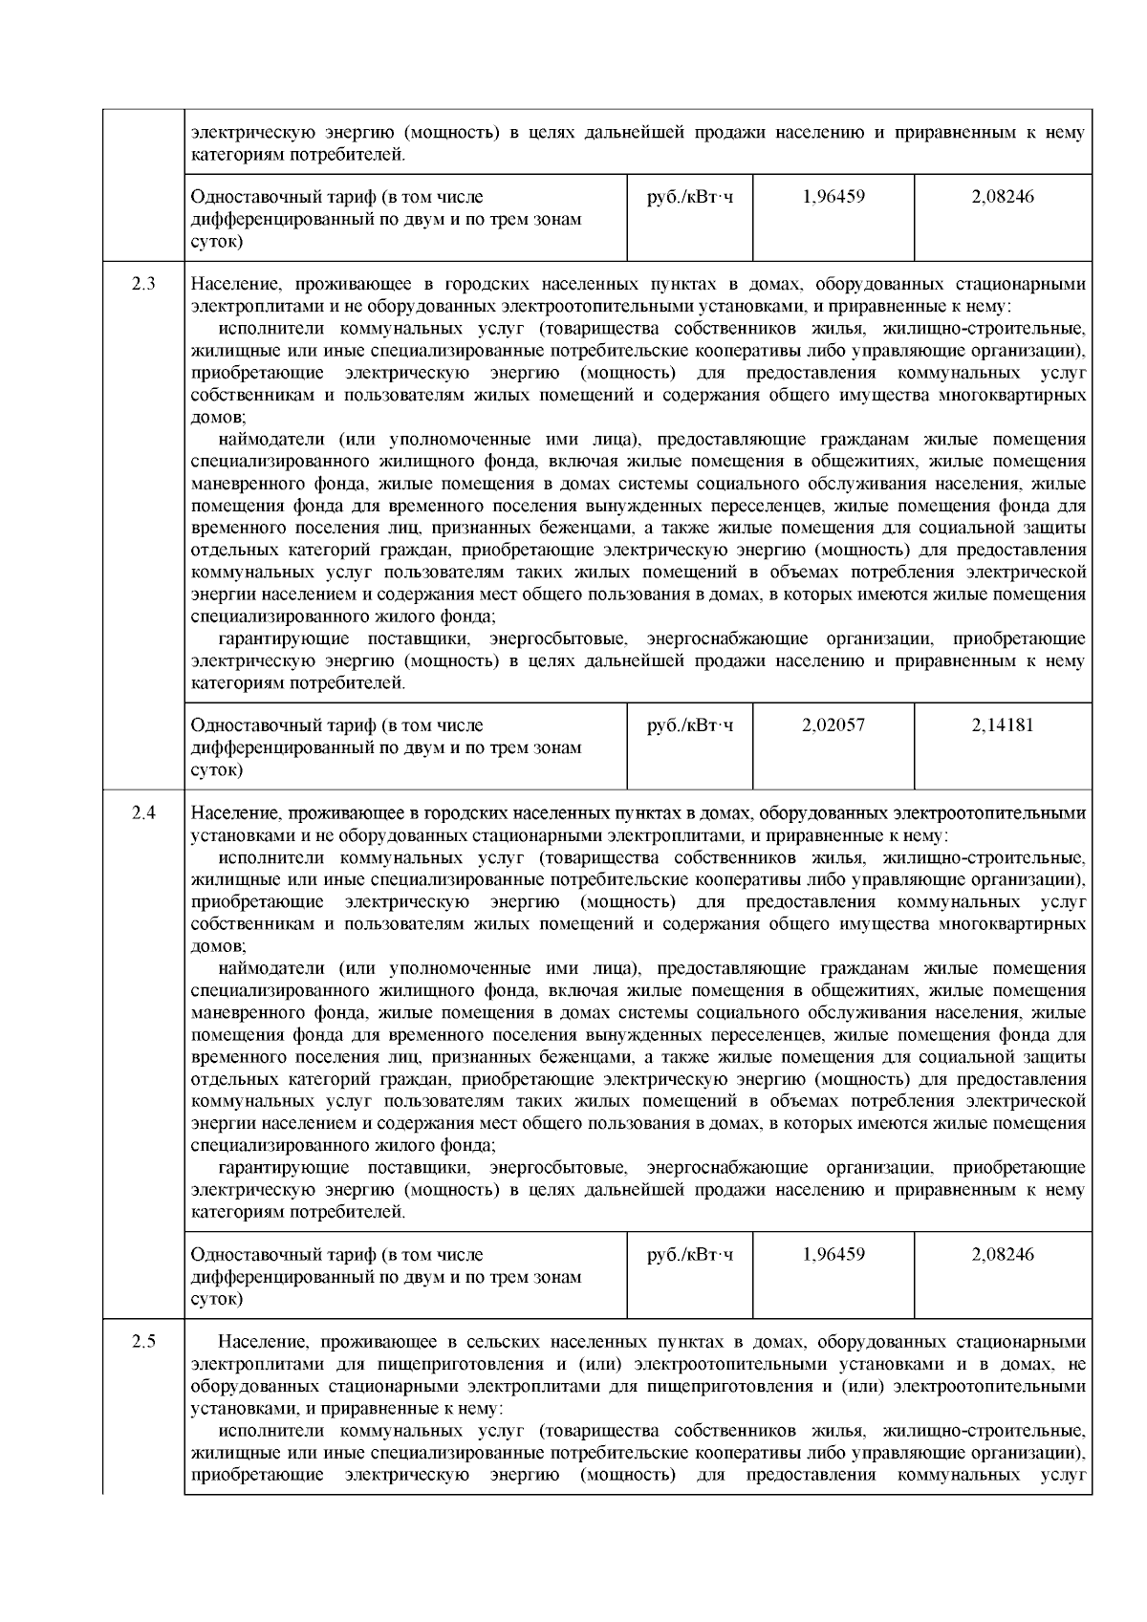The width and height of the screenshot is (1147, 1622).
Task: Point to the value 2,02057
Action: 833,725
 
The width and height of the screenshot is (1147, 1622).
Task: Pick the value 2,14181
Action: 1003,725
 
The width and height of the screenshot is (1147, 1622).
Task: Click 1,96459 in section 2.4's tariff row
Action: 833,1254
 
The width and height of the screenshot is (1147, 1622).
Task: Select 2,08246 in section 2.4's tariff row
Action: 1003,1254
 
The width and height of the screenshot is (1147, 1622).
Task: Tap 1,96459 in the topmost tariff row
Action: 833,197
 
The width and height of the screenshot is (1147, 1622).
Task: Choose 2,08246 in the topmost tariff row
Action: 1003,197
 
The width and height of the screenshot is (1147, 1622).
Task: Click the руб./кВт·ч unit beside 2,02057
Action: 690,725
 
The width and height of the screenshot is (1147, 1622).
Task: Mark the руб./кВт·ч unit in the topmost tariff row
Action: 690,197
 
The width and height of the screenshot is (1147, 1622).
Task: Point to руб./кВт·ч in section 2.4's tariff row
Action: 690,1254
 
